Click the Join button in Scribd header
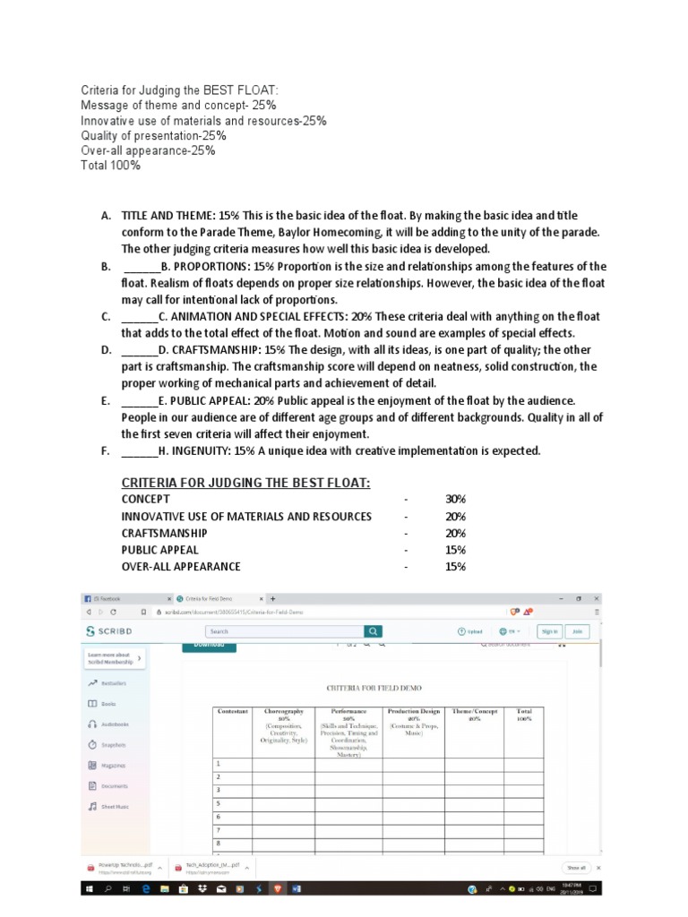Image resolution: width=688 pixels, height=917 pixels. click(x=577, y=630)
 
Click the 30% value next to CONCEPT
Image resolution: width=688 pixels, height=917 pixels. click(x=455, y=499)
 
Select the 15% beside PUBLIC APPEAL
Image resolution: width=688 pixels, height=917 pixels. click(x=455, y=550)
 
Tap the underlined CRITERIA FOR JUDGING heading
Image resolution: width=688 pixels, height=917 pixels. click(x=245, y=483)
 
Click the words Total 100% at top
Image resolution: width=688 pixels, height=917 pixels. click(x=110, y=166)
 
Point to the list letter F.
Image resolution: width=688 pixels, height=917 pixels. click(x=106, y=450)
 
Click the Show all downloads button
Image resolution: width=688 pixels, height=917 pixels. click(x=576, y=867)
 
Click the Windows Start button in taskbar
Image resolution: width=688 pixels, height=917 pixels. click(x=90, y=889)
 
